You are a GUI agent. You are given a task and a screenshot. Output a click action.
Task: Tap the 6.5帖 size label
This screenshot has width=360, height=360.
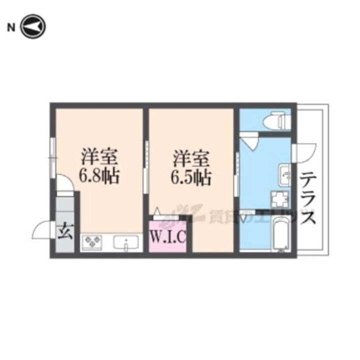pyautogui.click(x=191, y=175)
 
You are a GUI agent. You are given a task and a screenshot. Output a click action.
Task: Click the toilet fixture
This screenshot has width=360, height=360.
pyautogui.click(x=277, y=120)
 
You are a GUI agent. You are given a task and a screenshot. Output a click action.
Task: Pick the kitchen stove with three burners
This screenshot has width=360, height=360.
pyautogui.click(x=93, y=243)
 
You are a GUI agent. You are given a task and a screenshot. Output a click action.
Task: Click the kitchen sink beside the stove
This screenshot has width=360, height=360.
pyautogui.click(x=126, y=243)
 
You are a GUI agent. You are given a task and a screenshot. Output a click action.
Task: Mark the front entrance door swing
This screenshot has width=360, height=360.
pyautogui.click(x=42, y=230)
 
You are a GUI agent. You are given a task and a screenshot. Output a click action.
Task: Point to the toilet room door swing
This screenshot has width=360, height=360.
pyautogui.click(x=248, y=139)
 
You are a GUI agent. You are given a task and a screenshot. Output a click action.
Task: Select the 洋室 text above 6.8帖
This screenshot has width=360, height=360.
pyautogui.click(x=100, y=156)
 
